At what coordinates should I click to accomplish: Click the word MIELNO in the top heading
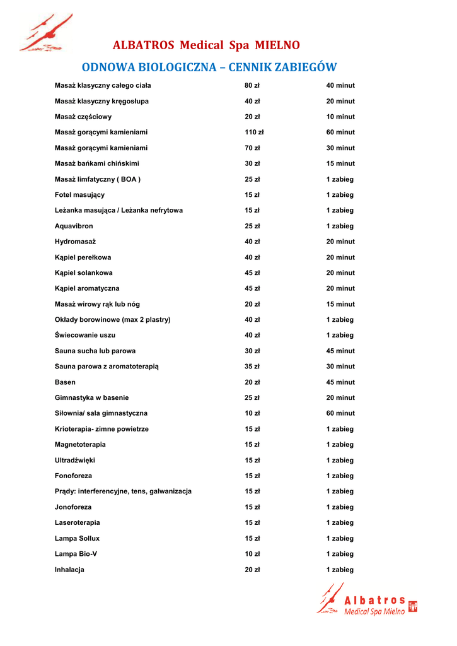tap(277, 45)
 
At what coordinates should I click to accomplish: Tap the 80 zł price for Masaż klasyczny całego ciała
tap(252, 86)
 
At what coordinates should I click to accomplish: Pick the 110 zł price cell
tap(254, 132)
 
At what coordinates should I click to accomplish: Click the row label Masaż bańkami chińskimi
tap(97, 163)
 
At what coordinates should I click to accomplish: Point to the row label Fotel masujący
tap(79, 195)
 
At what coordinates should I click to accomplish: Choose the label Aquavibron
tap(74, 226)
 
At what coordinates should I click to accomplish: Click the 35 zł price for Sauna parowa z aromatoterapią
tap(252, 367)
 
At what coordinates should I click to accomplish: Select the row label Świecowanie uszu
tap(85, 335)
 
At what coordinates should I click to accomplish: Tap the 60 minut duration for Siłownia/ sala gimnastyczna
tap(340, 413)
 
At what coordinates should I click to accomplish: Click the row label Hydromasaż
tap(75, 242)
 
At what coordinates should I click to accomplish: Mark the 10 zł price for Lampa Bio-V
tap(252, 554)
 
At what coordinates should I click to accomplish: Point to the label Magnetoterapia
tap(80, 445)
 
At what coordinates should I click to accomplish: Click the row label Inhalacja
tap(69, 570)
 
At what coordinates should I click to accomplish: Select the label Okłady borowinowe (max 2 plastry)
tap(112, 320)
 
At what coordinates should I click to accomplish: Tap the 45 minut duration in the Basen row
tap(340, 382)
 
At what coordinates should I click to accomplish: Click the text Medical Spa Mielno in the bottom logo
tap(374, 612)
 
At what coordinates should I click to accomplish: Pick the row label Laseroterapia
tap(77, 523)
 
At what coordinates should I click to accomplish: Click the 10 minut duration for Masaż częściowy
tap(340, 117)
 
